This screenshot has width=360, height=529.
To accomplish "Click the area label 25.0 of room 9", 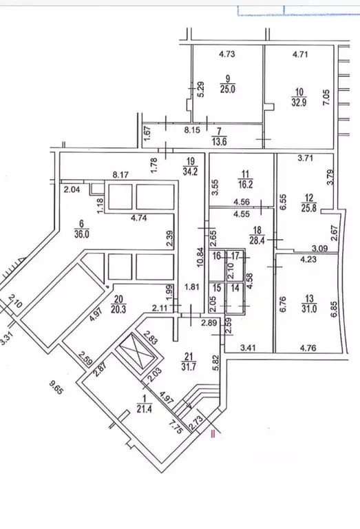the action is coord(228,90).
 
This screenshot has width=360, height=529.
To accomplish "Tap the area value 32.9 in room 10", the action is coord(299,102).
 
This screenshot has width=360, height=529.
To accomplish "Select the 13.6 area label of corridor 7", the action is coord(219,142).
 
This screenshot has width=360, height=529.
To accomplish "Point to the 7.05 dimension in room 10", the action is coord(326,98).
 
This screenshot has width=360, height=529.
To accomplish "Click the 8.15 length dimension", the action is coord(192,129).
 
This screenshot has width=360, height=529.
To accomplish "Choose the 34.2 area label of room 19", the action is coord(190,171).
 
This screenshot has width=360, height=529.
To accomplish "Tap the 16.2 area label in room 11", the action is coord(246,185).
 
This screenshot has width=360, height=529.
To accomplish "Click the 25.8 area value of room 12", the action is coord(309,208).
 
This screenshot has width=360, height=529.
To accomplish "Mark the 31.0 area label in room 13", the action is coord(309,309).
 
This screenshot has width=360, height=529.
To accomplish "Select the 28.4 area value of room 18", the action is coord(257,241).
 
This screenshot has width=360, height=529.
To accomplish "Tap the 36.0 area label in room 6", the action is coord(82,234).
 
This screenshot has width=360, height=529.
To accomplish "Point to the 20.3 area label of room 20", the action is coord(118,309).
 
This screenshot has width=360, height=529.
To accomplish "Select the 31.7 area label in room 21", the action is coord(189,366).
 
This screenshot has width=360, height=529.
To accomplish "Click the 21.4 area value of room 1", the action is coord(144,409).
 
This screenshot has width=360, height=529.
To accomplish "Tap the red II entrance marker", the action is coord(213,433).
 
